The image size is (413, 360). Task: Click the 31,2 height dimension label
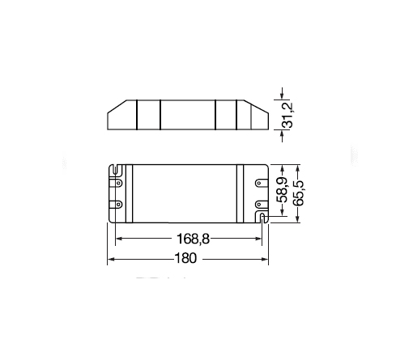coord(287,115)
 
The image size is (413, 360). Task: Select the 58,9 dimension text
coord(283,190)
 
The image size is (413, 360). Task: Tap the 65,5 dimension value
coord(298,193)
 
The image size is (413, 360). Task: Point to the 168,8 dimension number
coord(193,239)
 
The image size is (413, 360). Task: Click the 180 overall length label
coord(185,258)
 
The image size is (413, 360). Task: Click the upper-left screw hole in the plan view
coord(118,184)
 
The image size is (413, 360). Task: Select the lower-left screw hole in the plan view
coord(118,205)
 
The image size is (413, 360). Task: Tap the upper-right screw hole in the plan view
coord(259,184)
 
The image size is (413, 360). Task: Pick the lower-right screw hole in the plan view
coord(259,205)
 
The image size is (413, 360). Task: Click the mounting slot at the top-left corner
coord(116,170)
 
